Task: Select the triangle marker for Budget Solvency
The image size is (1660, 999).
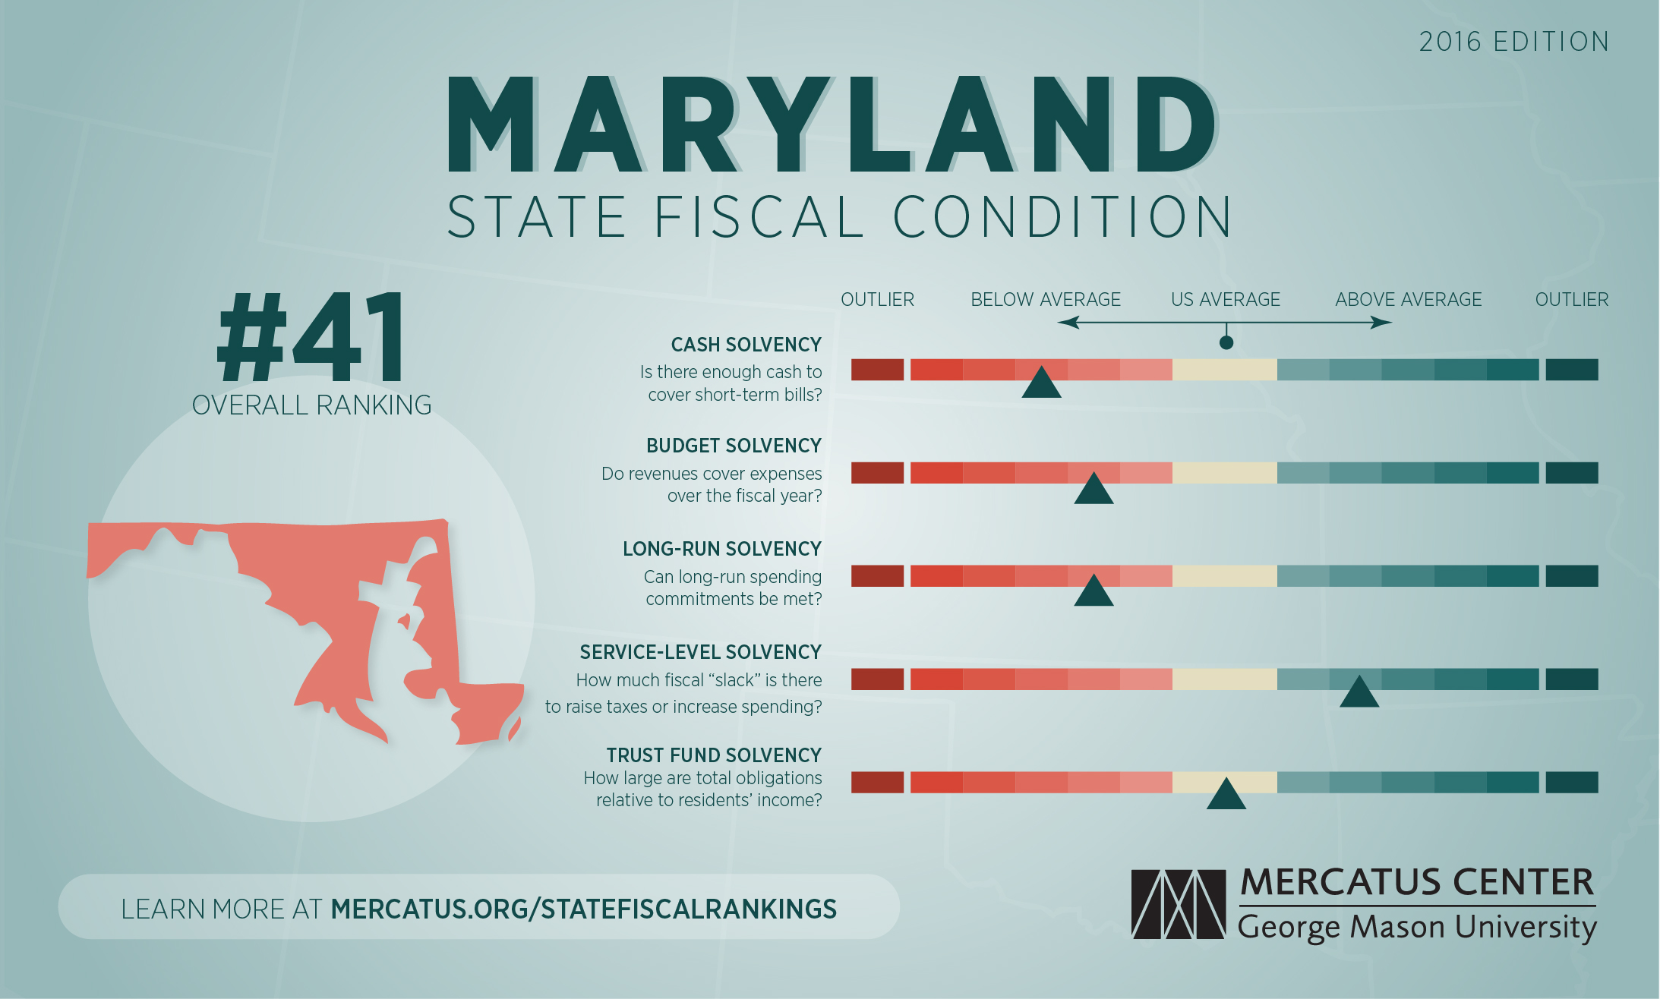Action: (1094, 490)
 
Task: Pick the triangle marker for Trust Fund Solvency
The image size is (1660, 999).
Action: (1226, 796)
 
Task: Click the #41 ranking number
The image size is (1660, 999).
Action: (312, 338)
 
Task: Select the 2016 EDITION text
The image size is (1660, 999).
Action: (1513, 42)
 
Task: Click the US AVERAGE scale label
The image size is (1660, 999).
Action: (1225, 300)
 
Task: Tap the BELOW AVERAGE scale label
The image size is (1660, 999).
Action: (1045, 300)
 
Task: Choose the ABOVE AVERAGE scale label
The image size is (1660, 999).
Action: (1408, 300)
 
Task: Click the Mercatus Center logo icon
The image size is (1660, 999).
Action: (1178, 904)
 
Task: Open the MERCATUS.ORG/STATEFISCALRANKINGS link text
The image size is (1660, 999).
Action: (583, 909)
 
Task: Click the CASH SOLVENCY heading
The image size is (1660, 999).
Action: (746, 345)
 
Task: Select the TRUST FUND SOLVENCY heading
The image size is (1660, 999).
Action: (714, 755)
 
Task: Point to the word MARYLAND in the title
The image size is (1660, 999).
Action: (832, 125)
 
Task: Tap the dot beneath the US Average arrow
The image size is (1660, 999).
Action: (1226, 342)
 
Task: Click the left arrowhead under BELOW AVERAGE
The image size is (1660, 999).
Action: (1066, 323)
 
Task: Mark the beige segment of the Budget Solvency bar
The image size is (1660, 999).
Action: (1224, 473)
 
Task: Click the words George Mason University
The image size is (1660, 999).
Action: (1417, 927)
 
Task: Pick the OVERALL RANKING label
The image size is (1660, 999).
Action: (311, 405)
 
